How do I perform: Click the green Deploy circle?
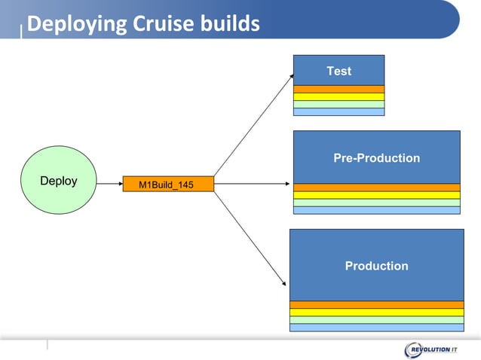pos(59,182)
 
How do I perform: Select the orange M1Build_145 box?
pos(168,184)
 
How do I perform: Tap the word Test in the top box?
pos(339,71)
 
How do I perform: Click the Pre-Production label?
pos(376,158)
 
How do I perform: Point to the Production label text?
pos(376,266)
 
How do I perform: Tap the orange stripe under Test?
pos(339,89)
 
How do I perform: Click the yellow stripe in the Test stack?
pos(339,96)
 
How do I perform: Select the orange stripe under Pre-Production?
pos(376,188)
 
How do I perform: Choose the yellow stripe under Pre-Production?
pos(376,195)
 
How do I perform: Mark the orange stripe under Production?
pos(376,305)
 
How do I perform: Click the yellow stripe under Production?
pos(376,313)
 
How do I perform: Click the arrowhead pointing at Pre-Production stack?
pos(289,184)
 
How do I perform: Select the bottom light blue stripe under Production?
pos(376,328)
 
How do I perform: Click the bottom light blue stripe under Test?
pos(339,111)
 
